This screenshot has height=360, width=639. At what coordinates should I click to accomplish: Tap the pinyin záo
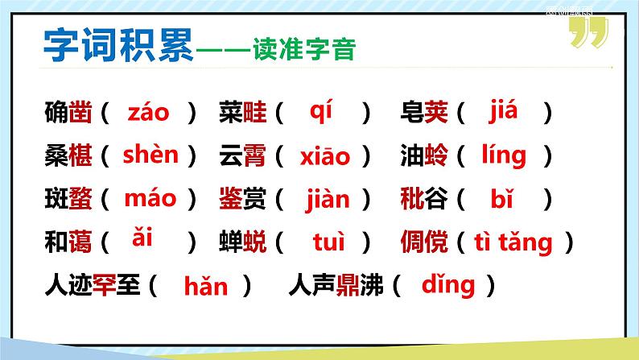pos(149,113)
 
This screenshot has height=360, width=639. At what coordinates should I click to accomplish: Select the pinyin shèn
pos(150,155)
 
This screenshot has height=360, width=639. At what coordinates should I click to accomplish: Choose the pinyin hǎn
pos(206,285)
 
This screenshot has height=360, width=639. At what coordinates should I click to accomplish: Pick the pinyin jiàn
pos(328,197)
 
